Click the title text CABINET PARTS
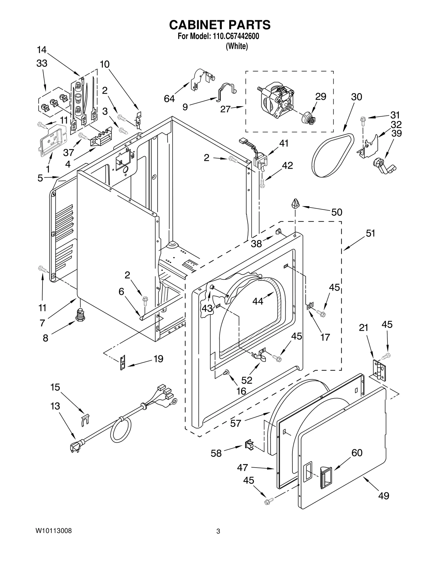pyautogui.click(x=220, y=25)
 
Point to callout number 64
pyautogui.click(x=169, y=99)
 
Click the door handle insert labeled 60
pyautogui.click(x=326, y=476)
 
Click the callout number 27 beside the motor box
pyautogui.click(x=226, y=109)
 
